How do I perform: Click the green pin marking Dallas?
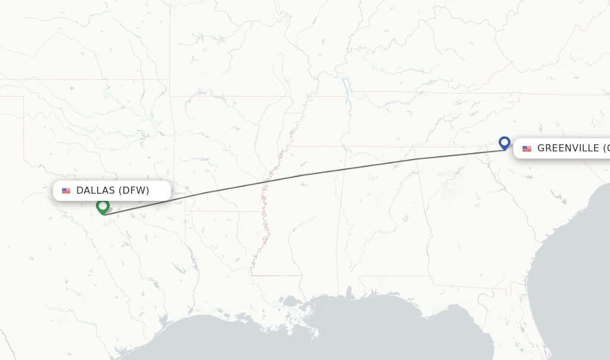point(102,206)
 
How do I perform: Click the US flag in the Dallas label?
point(66,191)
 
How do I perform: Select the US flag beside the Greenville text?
point(527,148)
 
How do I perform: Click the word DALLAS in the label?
point(95,191)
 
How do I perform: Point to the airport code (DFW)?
point(134,191)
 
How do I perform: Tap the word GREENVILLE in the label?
point(568,148)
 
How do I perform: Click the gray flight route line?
point(357,167)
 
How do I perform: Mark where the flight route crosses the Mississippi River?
point(269,180)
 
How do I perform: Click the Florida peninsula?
point(536,334)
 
